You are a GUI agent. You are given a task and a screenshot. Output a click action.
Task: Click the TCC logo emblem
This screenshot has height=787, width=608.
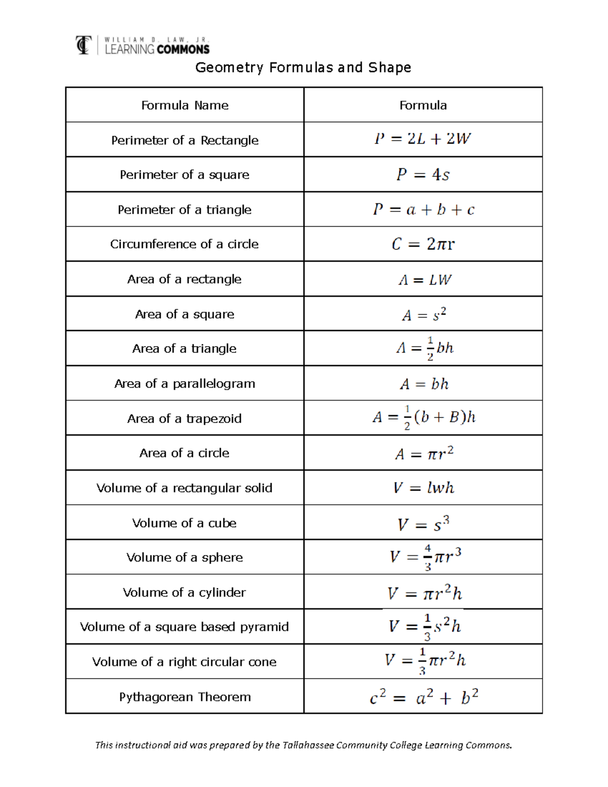click(x=84, y=45)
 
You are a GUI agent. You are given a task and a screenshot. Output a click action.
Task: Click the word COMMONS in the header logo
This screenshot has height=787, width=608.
click(x=183, y=50)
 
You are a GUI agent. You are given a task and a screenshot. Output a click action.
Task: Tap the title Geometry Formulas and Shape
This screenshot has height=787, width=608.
click(x=303, y=67)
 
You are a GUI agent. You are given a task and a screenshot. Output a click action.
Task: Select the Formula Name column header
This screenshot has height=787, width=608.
click(x=185, y=105)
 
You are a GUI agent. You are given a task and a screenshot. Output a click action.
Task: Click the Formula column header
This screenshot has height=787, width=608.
click(x=423, y=105)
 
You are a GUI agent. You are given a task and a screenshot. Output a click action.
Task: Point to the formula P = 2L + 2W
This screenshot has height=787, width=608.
click(x=423, y=139)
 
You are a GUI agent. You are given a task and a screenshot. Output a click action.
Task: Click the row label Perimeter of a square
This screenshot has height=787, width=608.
click(x=185, y=175)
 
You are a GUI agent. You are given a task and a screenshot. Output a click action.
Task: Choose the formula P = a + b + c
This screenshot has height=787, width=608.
click(x=424, y=209)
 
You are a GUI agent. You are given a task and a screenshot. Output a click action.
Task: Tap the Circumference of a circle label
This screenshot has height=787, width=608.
click(x=185, y=244)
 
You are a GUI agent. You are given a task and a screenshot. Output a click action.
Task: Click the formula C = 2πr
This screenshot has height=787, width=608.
click(x=423, y=244)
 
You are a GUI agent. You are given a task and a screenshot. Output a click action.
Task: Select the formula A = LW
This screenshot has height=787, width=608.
click(x=425, y=280)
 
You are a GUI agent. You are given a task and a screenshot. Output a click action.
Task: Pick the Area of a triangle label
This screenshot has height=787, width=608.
click(x=185, y=349)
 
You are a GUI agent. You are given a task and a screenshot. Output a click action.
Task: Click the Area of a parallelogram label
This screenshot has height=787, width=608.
click(x=185, y=384)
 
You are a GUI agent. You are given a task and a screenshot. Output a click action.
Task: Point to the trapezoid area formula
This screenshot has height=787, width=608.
click(x=424, y=418)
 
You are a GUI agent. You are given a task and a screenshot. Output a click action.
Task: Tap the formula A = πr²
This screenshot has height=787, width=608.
click(x=424, y=453)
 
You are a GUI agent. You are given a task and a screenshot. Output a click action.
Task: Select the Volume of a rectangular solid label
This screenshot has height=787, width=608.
click(x=185, y=488)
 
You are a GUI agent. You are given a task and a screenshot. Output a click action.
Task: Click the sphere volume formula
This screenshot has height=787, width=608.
click(x=425, y=557)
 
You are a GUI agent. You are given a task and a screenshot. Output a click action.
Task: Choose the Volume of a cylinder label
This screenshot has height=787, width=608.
click(x=185, y=592)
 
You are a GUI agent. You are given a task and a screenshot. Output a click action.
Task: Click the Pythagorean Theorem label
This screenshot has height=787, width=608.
click(x=185, y=697)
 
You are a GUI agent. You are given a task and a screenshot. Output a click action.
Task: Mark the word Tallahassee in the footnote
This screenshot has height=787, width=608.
click(x=308, y=745)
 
